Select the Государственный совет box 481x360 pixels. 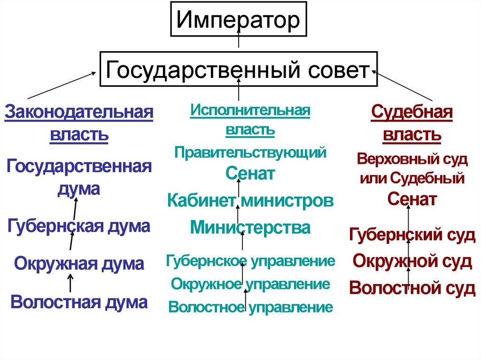coord(238,70)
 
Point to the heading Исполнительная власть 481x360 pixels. coord(250,120)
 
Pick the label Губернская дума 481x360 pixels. coord(79,226)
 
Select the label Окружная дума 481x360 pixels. coord(79,263)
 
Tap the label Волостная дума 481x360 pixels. coord(79,301)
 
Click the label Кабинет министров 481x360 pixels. coord(250,201)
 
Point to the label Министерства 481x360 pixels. coord(250,228)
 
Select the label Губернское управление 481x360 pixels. coord(250,260)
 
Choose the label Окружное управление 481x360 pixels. coord(250,284)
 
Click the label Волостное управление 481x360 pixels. coord(250,307)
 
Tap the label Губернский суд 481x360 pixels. coord(412,235)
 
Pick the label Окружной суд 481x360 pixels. coord(412,261)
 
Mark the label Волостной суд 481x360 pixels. coord(412,287)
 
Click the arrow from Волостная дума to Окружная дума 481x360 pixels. coord(70,283)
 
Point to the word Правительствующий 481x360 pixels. coord(250,152)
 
